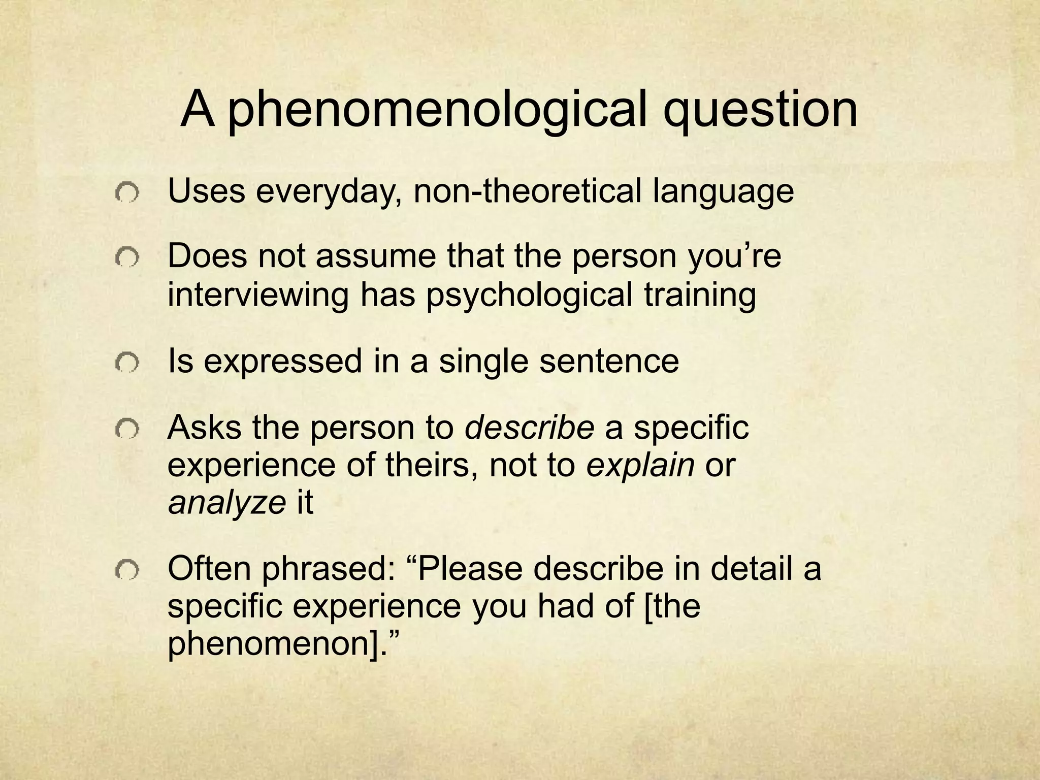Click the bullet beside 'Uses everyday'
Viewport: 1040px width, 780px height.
click(125, 193)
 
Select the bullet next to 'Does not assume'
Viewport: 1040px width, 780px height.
click(125, 258)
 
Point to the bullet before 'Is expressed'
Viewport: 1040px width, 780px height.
click(125, 363)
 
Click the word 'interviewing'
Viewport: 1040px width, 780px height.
click(258, 296)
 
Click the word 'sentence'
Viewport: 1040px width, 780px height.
click(609, 361)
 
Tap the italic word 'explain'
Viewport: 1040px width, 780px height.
click(640, 466)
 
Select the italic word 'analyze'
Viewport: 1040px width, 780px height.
click(227, 503)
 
